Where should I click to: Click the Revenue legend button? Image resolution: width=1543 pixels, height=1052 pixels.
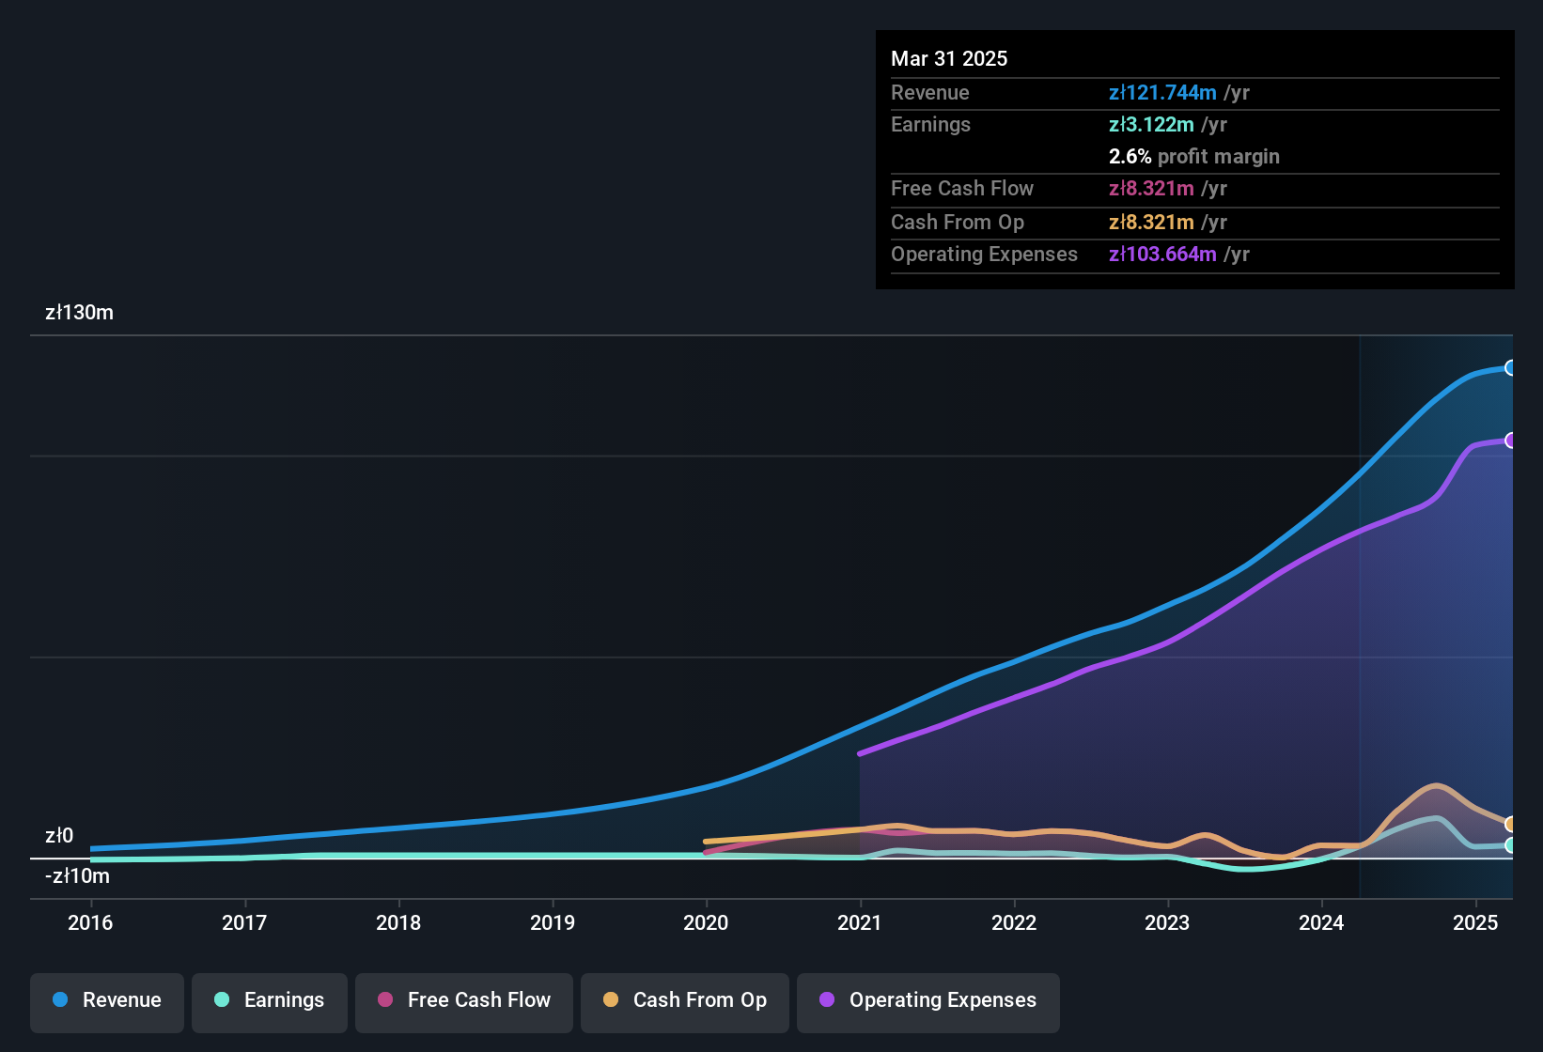(106, 1000)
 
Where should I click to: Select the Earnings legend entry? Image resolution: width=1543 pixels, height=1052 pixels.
(269, 1000)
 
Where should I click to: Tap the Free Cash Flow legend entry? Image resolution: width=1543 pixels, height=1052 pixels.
(463, 1000)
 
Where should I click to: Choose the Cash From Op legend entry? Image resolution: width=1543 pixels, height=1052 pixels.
(684, 1000)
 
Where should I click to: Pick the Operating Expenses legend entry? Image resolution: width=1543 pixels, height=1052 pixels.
(927, 1000)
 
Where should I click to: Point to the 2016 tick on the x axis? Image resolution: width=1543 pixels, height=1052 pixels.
(90, 922)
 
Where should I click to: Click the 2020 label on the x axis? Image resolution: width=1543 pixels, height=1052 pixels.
(706, 922)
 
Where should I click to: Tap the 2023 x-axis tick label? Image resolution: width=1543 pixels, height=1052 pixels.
(1167, 922)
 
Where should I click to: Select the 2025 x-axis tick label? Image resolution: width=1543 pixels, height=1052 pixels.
(1475, 922)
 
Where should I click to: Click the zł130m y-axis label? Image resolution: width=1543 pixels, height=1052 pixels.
(79, 313)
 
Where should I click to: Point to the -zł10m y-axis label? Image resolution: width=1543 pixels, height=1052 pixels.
(77, 876)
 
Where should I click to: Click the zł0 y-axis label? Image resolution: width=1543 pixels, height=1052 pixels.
(59, 836)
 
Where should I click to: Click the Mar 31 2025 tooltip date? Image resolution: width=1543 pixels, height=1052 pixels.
(949, 59)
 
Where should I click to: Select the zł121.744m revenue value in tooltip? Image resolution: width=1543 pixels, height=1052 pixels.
(1162, 93)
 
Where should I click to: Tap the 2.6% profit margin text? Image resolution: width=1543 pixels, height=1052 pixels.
(1193, 157)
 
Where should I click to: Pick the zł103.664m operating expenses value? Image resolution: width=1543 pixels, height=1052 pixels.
(1162, 255)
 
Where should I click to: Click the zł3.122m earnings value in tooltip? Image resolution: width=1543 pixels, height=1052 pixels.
(1151, 125)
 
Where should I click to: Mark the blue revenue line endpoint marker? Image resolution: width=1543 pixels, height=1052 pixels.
(1510, 368)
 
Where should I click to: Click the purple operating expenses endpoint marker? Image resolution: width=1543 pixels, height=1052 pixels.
(1510, 441)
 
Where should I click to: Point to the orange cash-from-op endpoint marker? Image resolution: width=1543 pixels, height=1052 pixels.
(1510, 824)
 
